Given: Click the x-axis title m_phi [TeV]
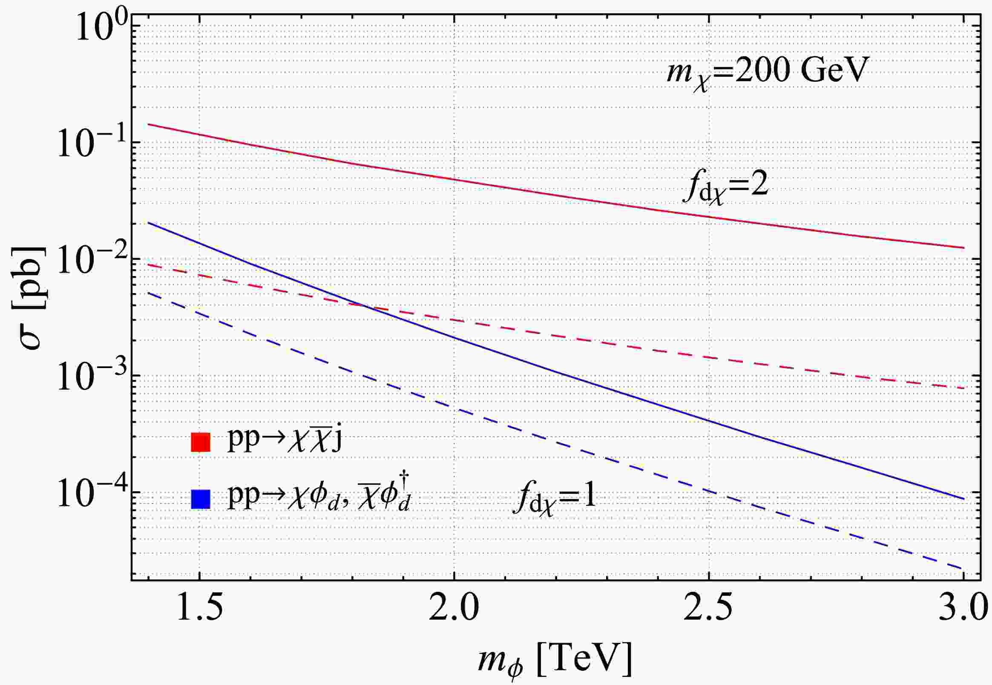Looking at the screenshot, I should (555, 662).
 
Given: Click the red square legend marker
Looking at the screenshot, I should (200, 442).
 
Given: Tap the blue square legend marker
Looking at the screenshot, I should (200, 499).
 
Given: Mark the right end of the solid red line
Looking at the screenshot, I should (964, 248).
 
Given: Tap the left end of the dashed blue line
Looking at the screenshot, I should (148, 293).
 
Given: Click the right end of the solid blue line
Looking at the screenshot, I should (964, 499).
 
